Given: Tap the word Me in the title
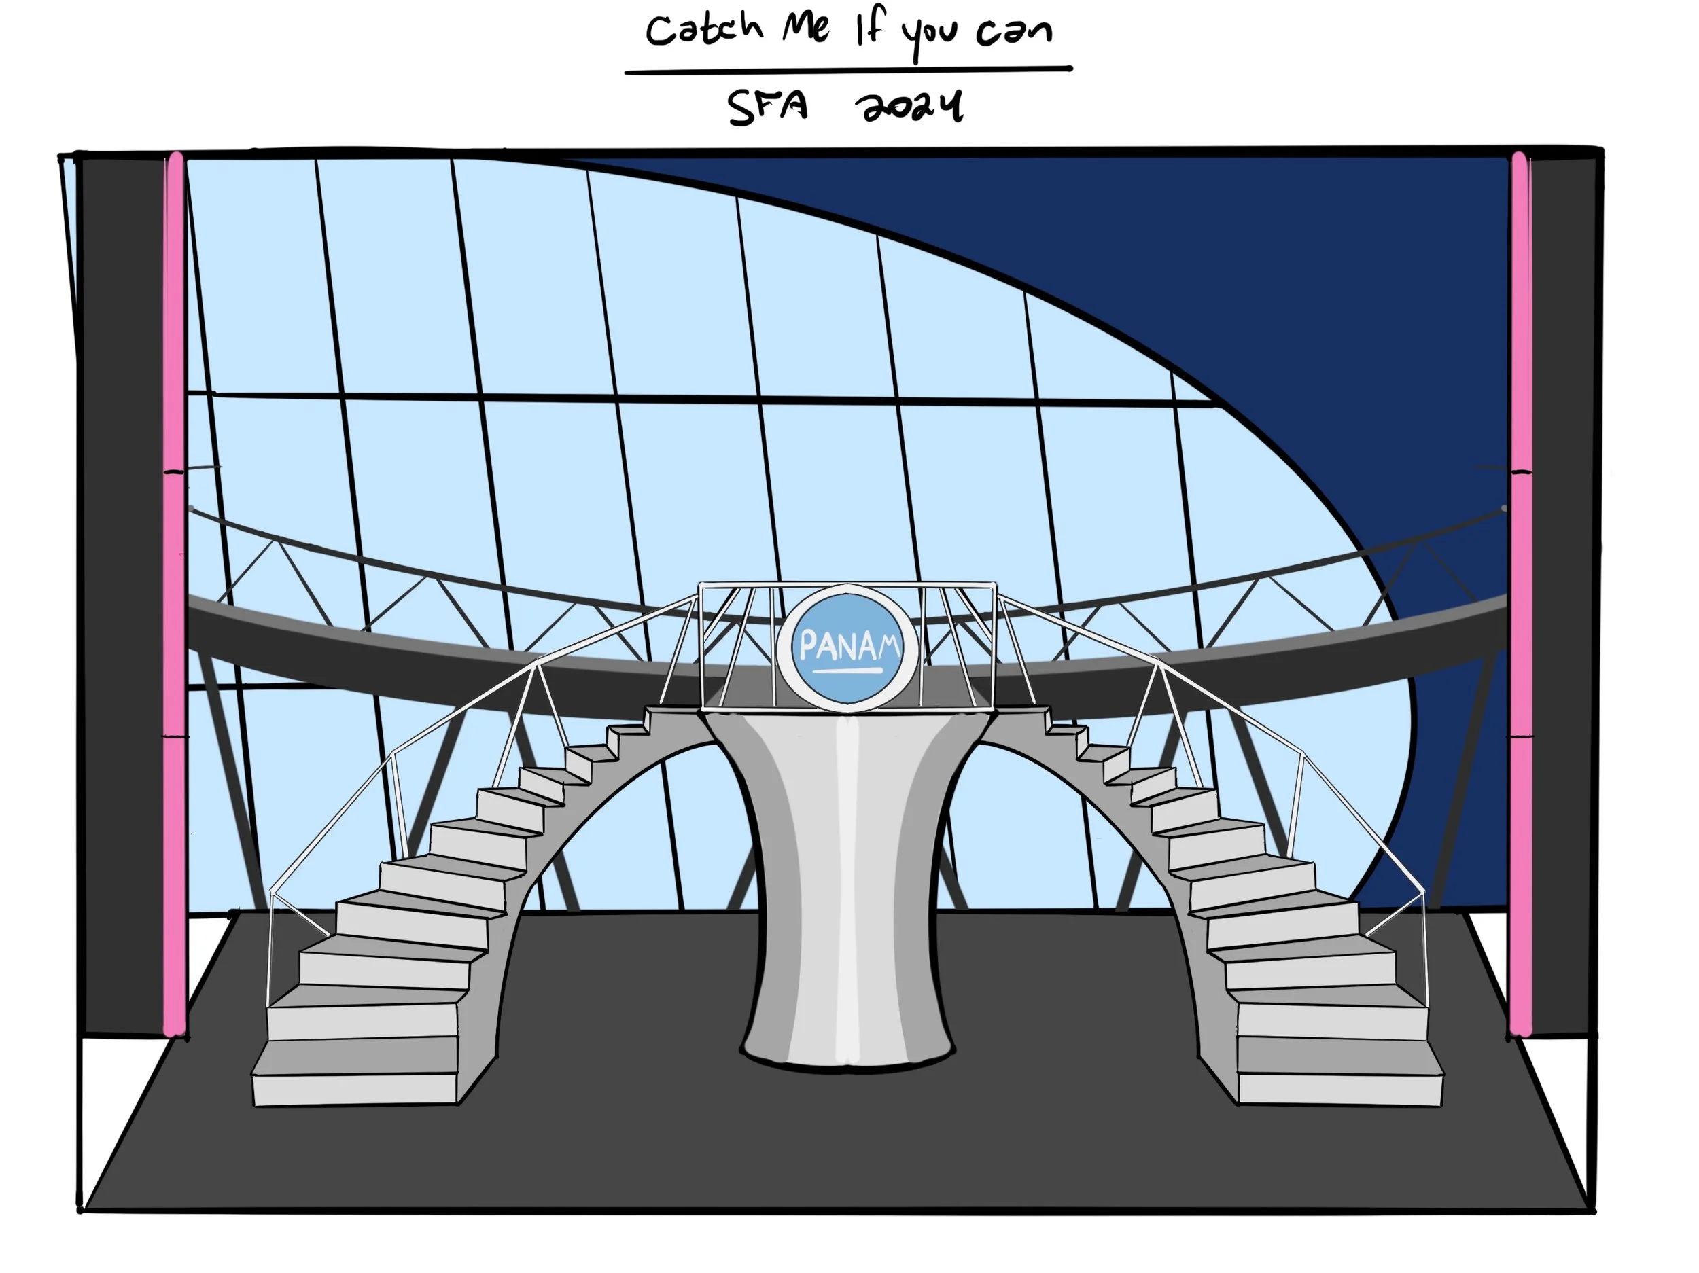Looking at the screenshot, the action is pos(806,29).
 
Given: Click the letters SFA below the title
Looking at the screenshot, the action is pos(767,108).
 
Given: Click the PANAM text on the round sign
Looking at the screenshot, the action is pos(849,646).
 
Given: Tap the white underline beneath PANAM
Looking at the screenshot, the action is pos(848,671).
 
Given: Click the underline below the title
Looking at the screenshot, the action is pos(848,71).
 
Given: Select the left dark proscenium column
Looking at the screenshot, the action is pos(123,591).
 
